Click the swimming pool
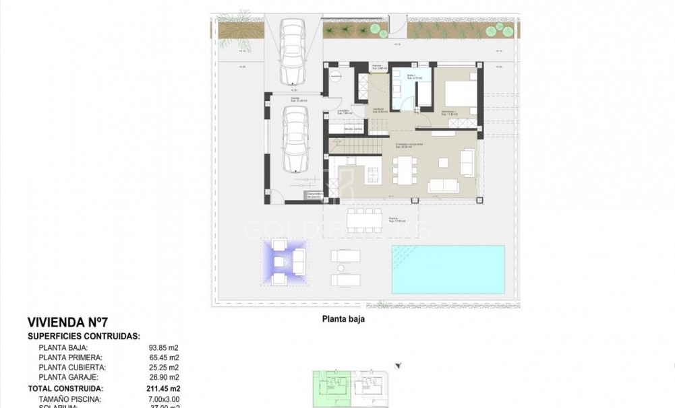pyautogui.click(x=448, y=269)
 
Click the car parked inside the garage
pyautogui.click(x=295, y=141)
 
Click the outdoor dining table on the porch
pyautogui.click(x=365, y=218)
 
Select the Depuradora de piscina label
pyautogui.click(x=316, y=195)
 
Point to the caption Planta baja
pyautogui.click(x=343, y=320)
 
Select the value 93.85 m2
pyautogui.click(x=165, y=347)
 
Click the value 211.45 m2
pyautogui.click(x=165, y=388)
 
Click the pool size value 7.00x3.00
pyautogui.click(x=164, y=399)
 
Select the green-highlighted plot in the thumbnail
pyautogui.click(x=331, y=390)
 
